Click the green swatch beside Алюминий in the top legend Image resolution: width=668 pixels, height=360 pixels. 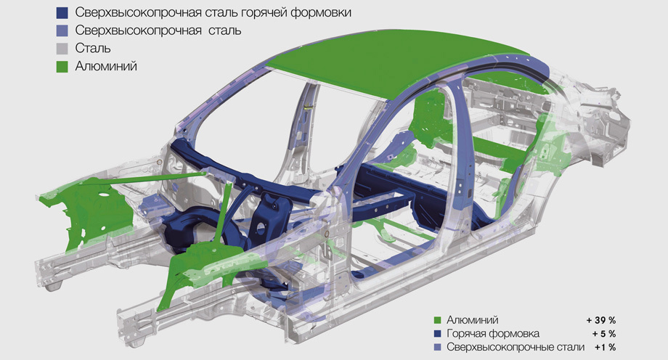click(62, 67)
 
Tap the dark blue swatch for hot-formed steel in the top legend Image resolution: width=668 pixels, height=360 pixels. click(62, 13)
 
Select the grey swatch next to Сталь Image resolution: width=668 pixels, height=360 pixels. click(62, 49)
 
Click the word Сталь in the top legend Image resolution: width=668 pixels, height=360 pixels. click(93, 48)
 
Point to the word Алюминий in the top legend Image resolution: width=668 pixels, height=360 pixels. click(106, 67)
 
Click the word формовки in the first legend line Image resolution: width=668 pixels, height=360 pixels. click(321, 13)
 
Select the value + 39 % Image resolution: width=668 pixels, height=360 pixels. click(600, 320)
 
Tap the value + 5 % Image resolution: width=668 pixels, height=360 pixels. click(603, 334)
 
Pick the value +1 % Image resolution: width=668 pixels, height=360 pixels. click(606, 348)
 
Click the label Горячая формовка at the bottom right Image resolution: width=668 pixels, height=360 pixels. click(493, 334)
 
